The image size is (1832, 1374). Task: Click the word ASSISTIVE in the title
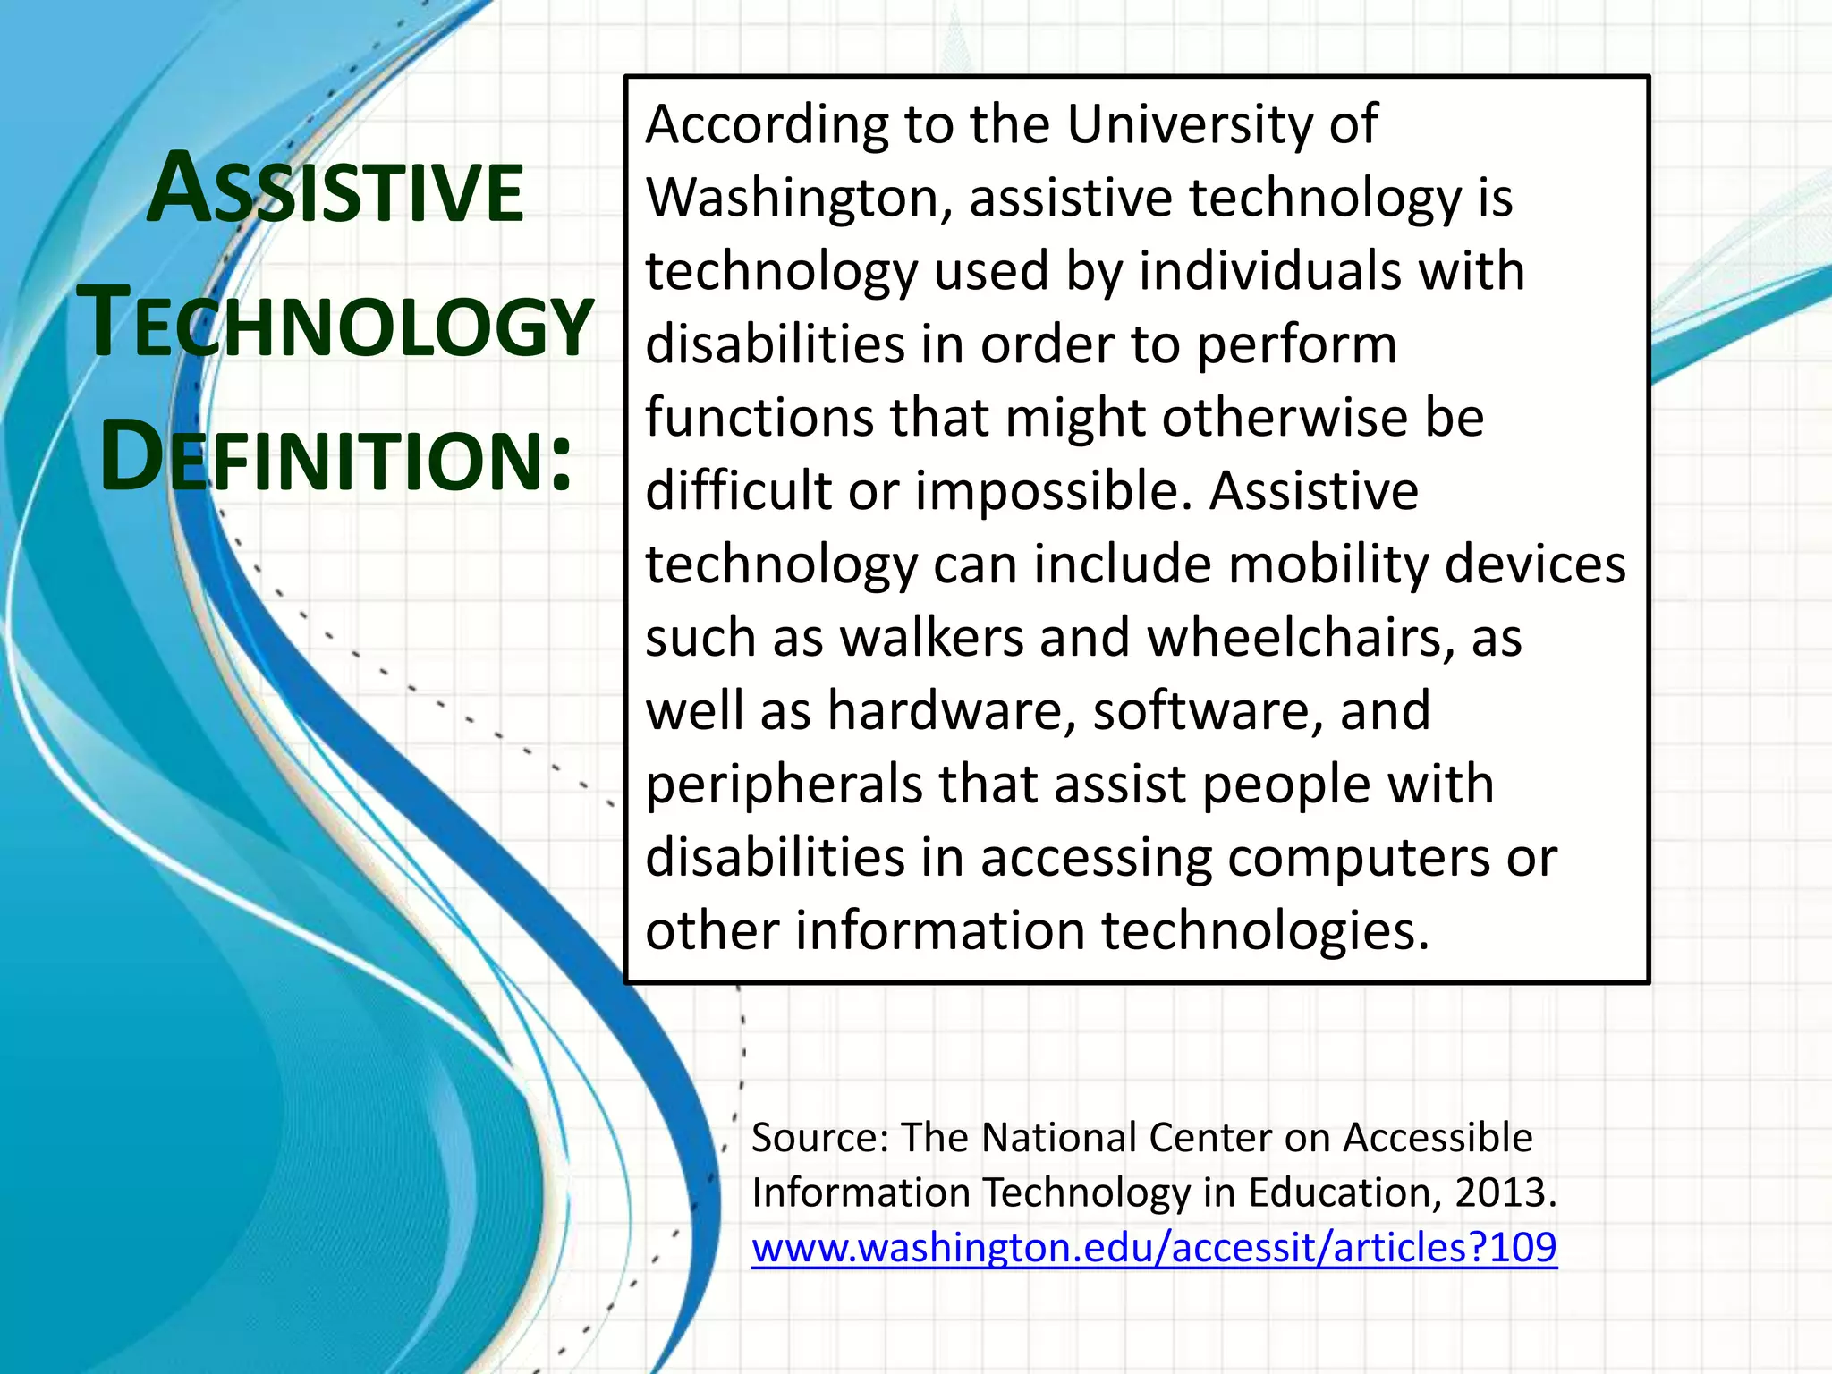[x=335, y=191]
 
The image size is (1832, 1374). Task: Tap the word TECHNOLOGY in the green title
[x=335, y=324]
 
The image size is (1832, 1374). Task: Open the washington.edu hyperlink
[x=1154, y=1247]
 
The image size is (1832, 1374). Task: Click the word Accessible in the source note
[x=1438, y=1138]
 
